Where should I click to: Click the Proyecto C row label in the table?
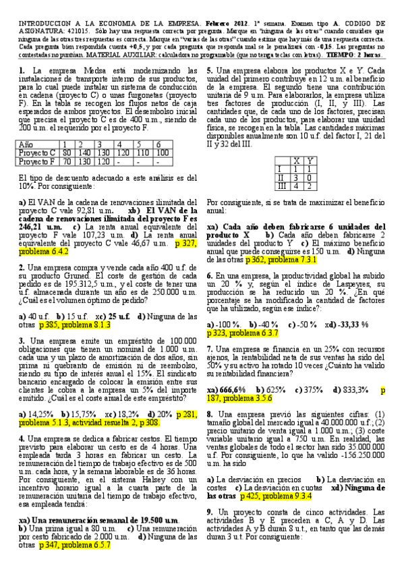click(36, 152)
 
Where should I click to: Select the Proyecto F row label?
click(36, 161)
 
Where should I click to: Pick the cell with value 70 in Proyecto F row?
click(66, 161)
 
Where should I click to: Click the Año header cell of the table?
click(27, 144)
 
